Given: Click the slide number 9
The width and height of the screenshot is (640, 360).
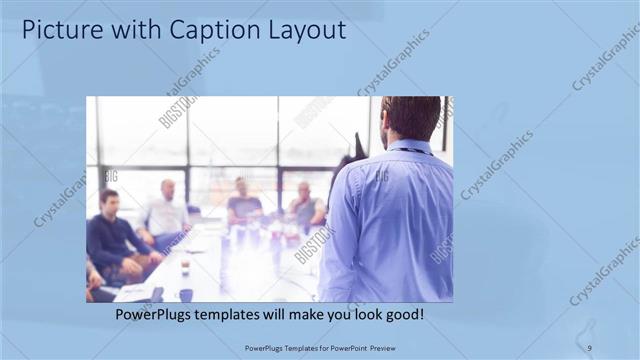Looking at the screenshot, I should [x=589, y=347].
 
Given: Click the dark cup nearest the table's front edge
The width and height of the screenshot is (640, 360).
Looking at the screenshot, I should [x=186, y=294].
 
